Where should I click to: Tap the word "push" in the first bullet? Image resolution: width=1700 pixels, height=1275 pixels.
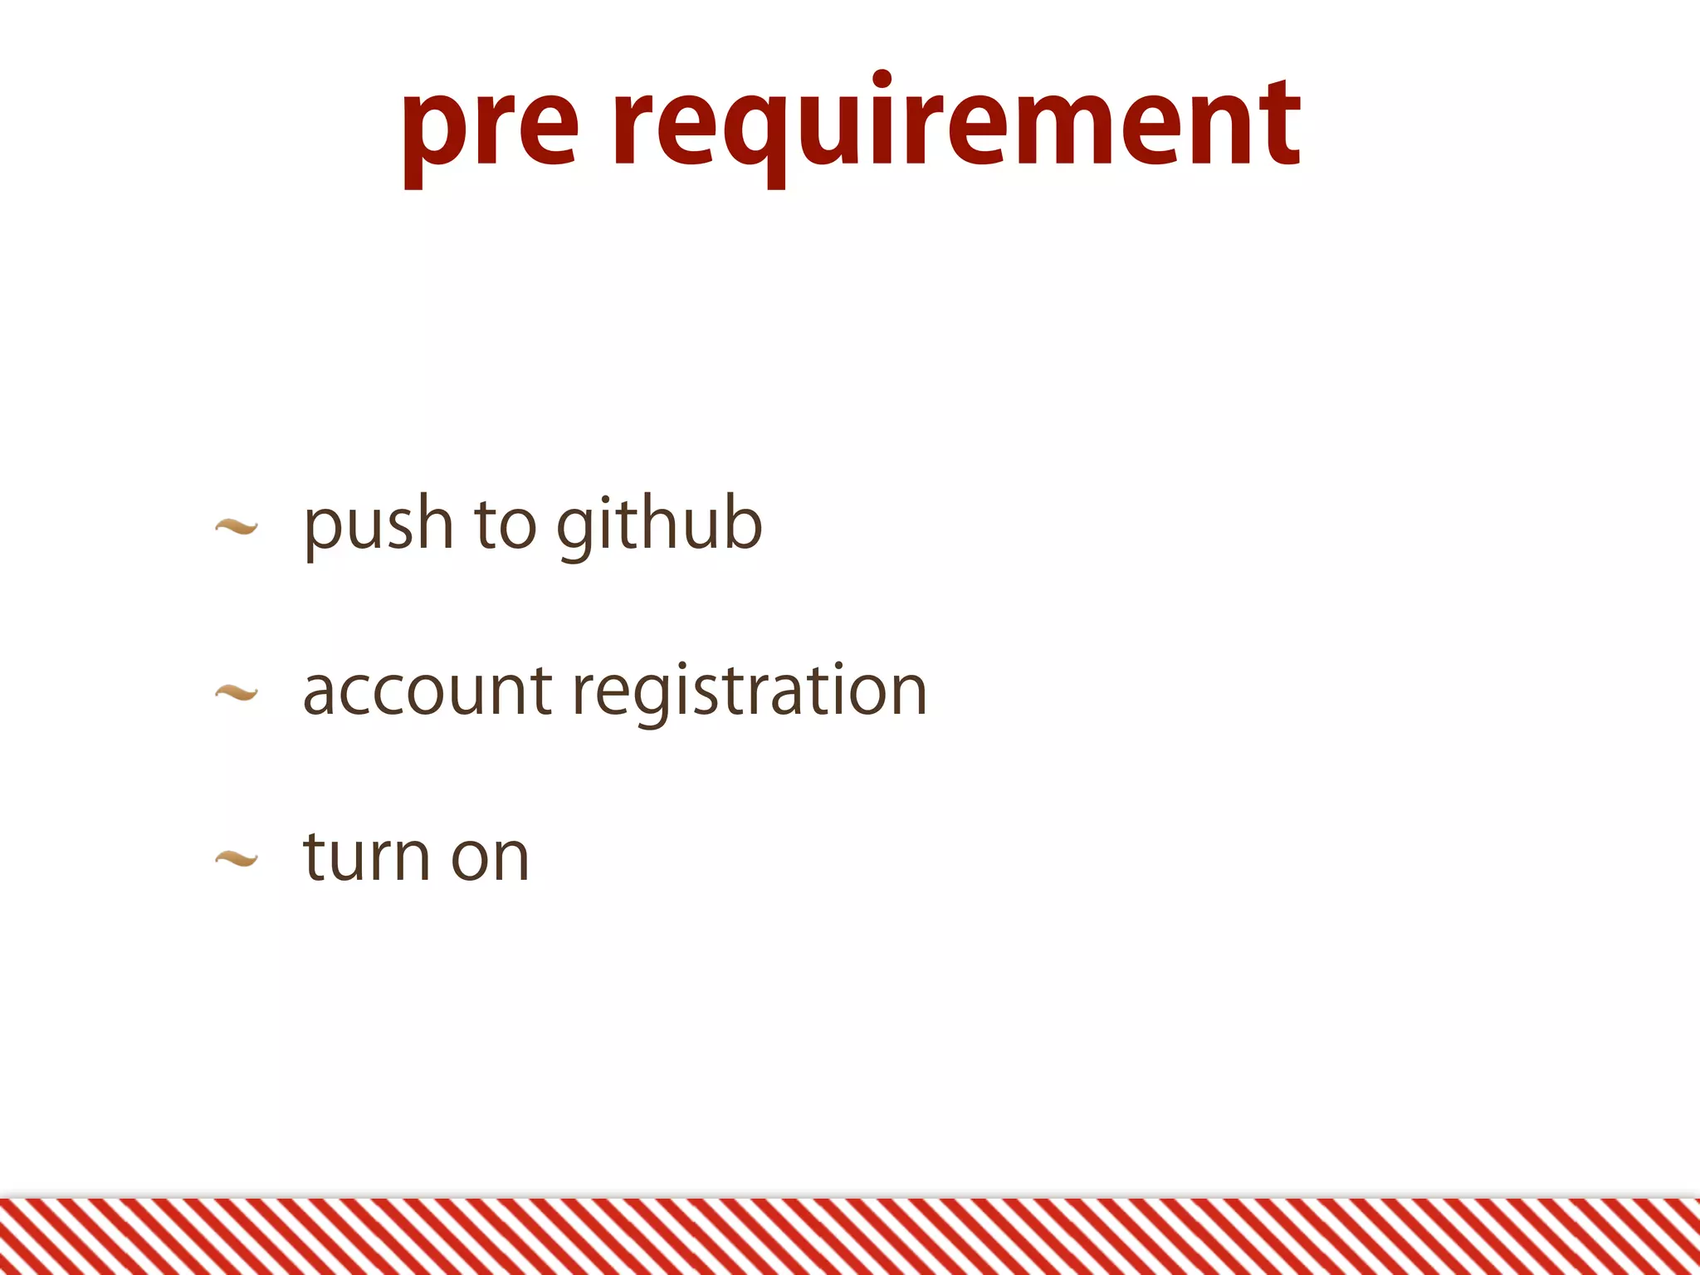pos(379,525)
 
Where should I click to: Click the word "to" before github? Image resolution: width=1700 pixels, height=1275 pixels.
pos(505,525)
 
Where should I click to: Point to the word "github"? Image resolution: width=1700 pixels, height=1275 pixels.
pos(659,525)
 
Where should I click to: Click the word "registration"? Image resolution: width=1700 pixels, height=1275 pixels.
pos(750,692)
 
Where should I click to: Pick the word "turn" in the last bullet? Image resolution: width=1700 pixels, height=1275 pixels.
pos(367,857)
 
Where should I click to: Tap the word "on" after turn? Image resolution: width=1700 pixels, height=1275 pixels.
pos(490,858)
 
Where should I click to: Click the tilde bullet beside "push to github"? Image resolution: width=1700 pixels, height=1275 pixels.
pos(237,526)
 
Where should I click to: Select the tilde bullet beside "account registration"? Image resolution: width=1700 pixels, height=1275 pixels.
pos(237,692)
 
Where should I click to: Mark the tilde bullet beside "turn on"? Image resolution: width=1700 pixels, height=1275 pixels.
pos(237,858)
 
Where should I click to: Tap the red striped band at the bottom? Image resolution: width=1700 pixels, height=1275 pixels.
pos(850,1237)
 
